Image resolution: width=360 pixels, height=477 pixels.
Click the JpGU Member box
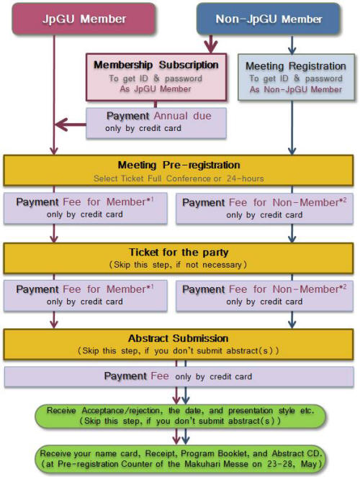[x=84, y=19]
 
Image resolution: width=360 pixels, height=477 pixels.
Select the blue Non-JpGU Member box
[x=269, y=19]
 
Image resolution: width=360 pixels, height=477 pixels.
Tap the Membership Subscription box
[x=156, y=77]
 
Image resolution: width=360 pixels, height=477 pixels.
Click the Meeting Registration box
[x=296, y=77]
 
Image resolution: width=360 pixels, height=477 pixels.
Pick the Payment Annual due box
[x=156, y=123]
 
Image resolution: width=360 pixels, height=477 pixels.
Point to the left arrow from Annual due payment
[x=71, y=124]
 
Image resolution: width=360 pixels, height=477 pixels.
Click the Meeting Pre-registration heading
[x=179, y=165]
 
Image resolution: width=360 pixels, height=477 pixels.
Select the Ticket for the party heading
[x=179, y=253]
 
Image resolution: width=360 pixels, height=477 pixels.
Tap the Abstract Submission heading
[x=179, y=338]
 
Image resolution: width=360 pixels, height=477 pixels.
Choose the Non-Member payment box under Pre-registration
[x=264, y=209]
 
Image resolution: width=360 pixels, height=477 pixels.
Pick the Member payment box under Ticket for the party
[x=86, y=296]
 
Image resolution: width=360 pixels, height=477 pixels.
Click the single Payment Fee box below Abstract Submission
[x=179, y=376]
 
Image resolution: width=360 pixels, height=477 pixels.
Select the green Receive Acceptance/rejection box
[x=180, y=416]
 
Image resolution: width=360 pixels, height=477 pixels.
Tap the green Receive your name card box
[x=181, y=459]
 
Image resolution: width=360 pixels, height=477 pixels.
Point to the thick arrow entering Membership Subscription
[x=210, y=44]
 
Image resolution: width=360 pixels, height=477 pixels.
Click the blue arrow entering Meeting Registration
[x=292, y=45]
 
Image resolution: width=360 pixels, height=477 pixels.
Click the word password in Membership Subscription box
[x=184, y=79]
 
